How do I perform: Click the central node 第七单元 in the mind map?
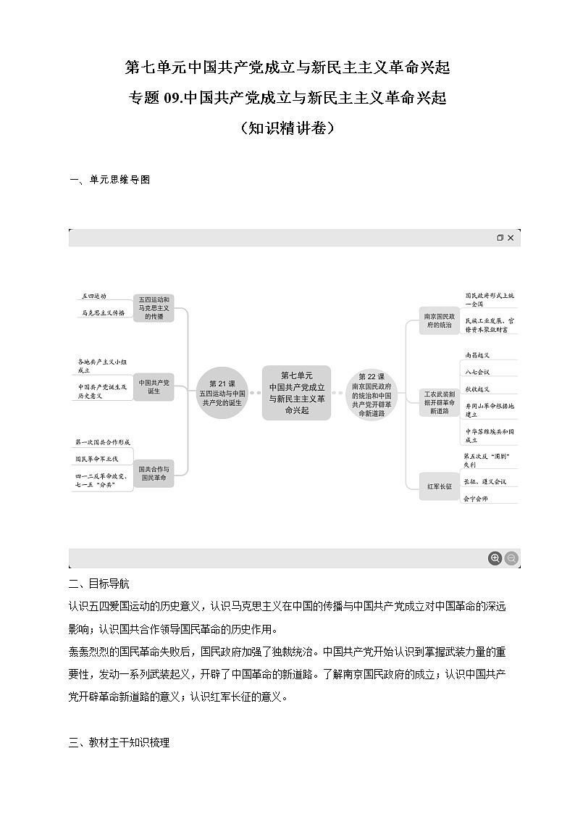[296, 393]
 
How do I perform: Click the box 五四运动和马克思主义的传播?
[154, 308]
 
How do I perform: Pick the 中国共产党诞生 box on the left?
[154, 386]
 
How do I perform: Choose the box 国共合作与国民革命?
[154, 473]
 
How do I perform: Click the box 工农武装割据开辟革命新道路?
[439, 402]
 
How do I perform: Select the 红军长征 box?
[439, 486]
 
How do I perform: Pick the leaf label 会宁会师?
[476, 498]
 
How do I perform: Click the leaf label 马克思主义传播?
[103, 313]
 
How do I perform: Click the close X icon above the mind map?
[511, 238]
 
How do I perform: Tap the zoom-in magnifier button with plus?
[495, 558]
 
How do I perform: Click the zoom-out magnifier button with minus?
[511, 558]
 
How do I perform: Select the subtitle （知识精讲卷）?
[287, 128]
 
